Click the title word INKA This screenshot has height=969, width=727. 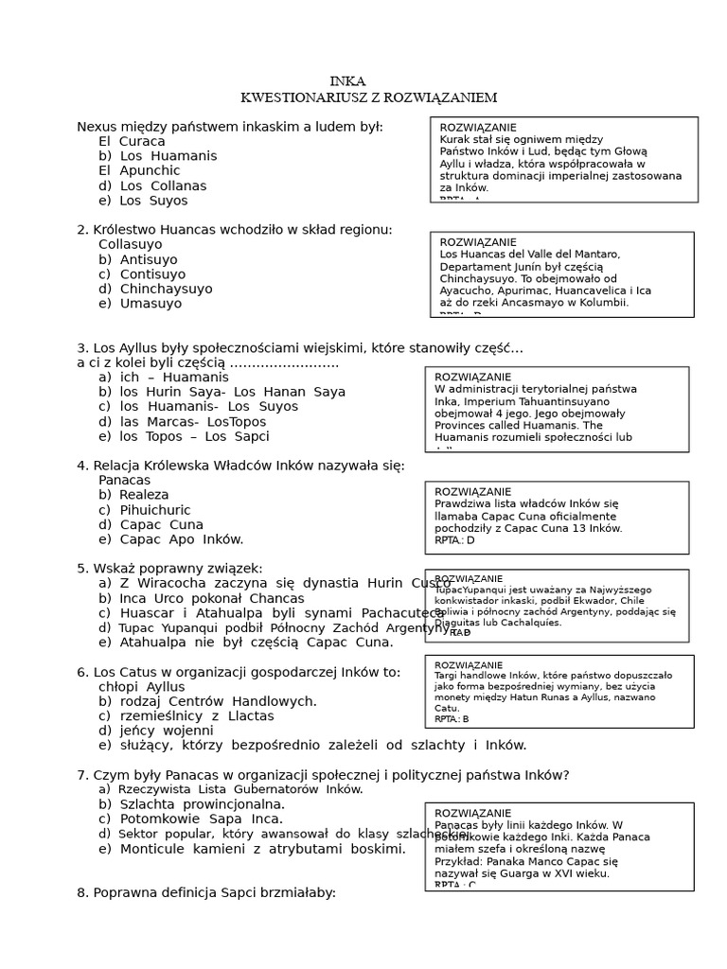pyautogui.click(x=347, y=81)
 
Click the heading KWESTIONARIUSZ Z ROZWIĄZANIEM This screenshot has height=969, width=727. pyautogui.click(x=368, y=97)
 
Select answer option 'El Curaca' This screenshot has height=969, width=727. pyautogui.click(x=132, y=141)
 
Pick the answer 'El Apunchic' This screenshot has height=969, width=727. pyautogui.click(x=139, y=170)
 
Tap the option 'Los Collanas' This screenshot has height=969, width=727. pyautogui.click(x=151, y=185)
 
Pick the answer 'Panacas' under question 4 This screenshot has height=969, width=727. pyautogui.click(x=124, y=480)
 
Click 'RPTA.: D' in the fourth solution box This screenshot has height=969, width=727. pyautogui.click(x=454, y=540)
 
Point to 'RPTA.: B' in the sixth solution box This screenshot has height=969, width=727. pyautogui.click(x=452, y=719)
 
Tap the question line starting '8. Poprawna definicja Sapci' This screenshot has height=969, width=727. pyautogui.click(x=206, y=892)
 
